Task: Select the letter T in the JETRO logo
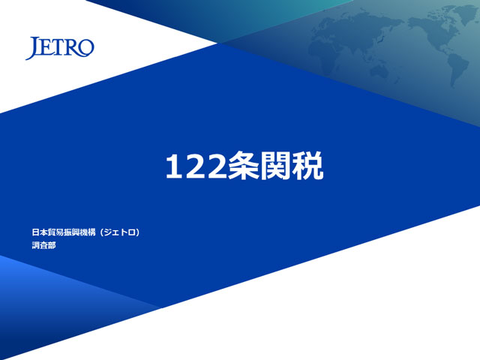pyautogui.click(x=57, y=47)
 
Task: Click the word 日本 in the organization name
pyautogui.click(x=40, y=232)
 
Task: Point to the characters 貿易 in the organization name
pyautogui.click(x=55, y=232)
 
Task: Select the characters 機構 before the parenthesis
pyautogui.click(x=88, y=232)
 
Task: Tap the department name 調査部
pyautogui.click(x=44, y=245)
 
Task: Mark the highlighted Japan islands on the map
pyautogui.click(x=380, y=38)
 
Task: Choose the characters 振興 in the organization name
pyautogui.click(x=72, y=232)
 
